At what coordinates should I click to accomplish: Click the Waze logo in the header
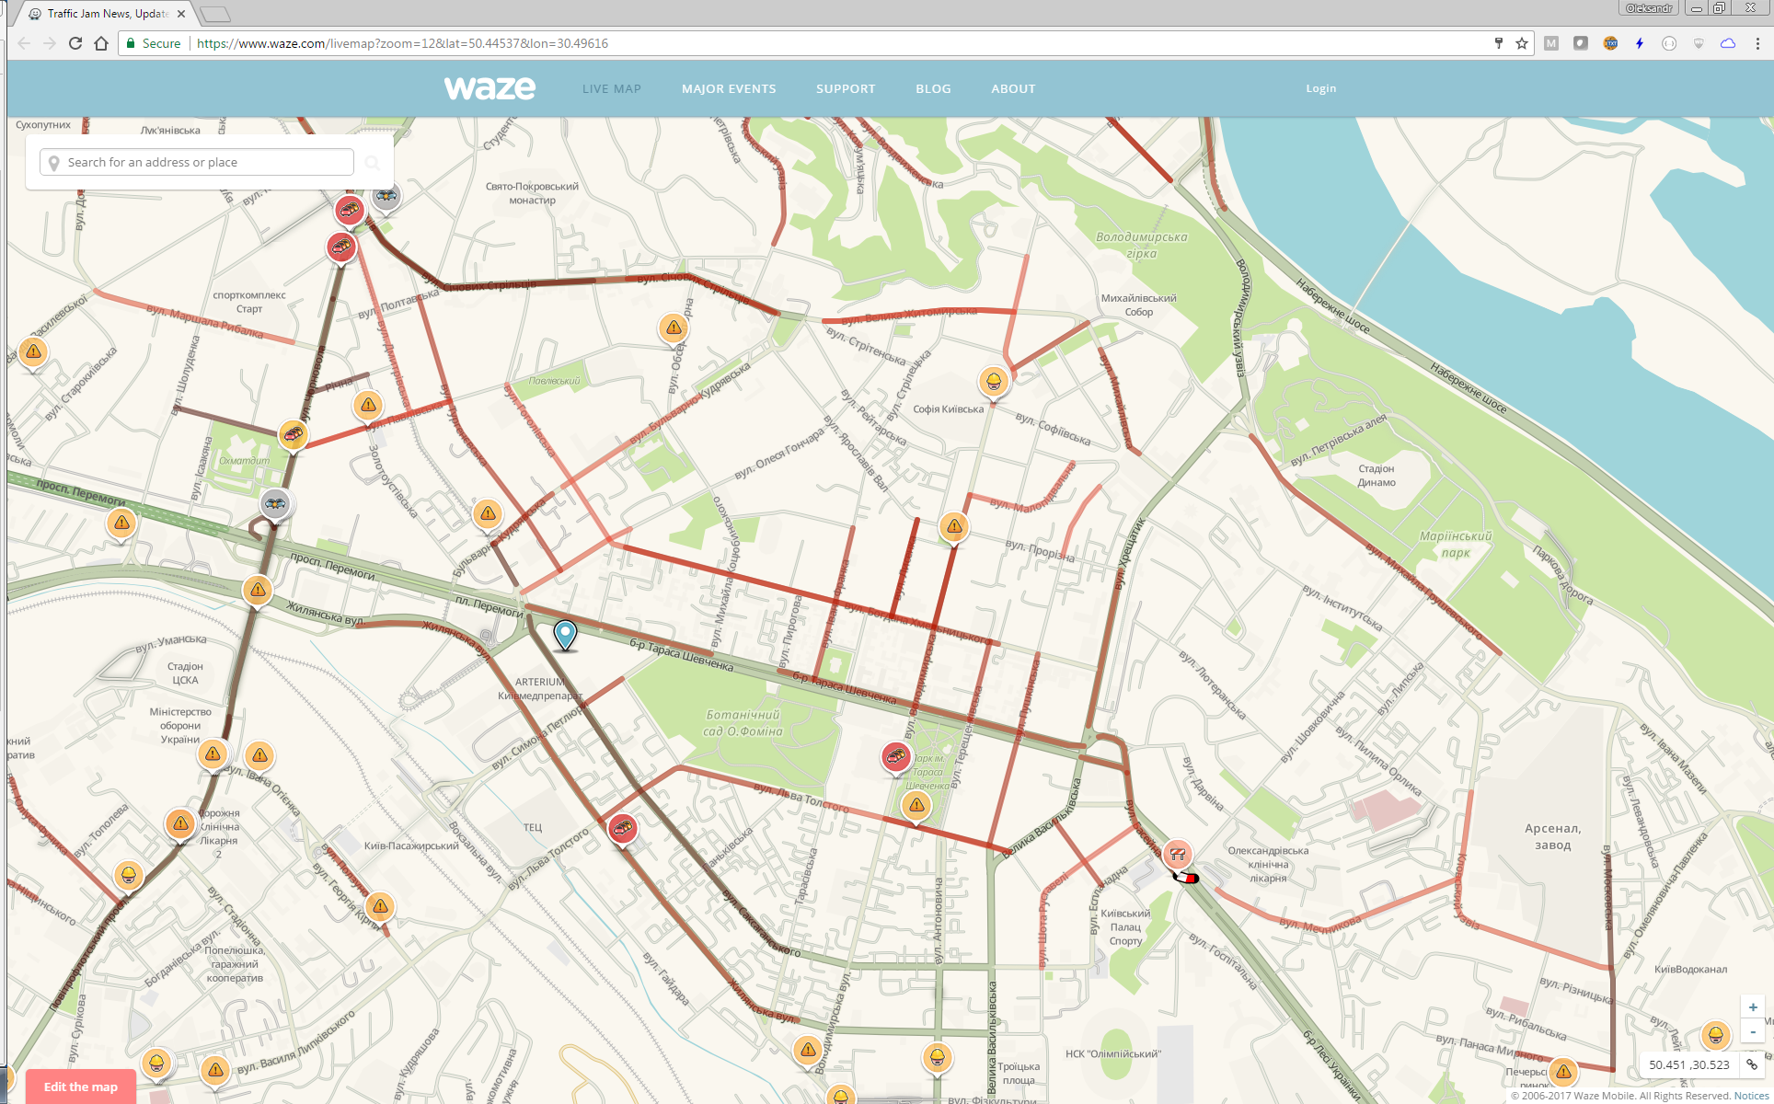tap(490, 88)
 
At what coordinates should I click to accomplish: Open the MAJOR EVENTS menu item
tap(729, 89)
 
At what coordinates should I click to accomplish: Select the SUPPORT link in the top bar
tap(846, 89)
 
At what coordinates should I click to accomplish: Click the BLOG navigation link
tap(933, 89)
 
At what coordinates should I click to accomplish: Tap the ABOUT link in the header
tap(1013, 89)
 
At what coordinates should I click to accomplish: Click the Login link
tap(1320, 88)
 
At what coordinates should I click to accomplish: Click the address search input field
tap(202, 163)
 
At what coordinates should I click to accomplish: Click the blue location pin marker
tap(565, 634)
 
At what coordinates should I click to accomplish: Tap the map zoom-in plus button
tap(1753, 1007)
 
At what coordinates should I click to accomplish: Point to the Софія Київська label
tap(948, 409)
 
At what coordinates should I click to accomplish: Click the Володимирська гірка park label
tap(1141, 245)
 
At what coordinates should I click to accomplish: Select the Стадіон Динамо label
tap(1377, 476)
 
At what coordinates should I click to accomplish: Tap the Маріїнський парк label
tap(1456, 544)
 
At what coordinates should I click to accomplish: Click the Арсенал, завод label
tap(1552, 836)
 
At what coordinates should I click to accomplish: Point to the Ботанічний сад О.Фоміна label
tap(743, 723)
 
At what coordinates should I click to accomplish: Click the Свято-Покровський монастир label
tap(532, 193)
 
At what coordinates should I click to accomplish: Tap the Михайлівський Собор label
tap(1138, 305)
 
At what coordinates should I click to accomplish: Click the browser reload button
tap(75, 43)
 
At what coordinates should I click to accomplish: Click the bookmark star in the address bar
tap(1522, 43)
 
